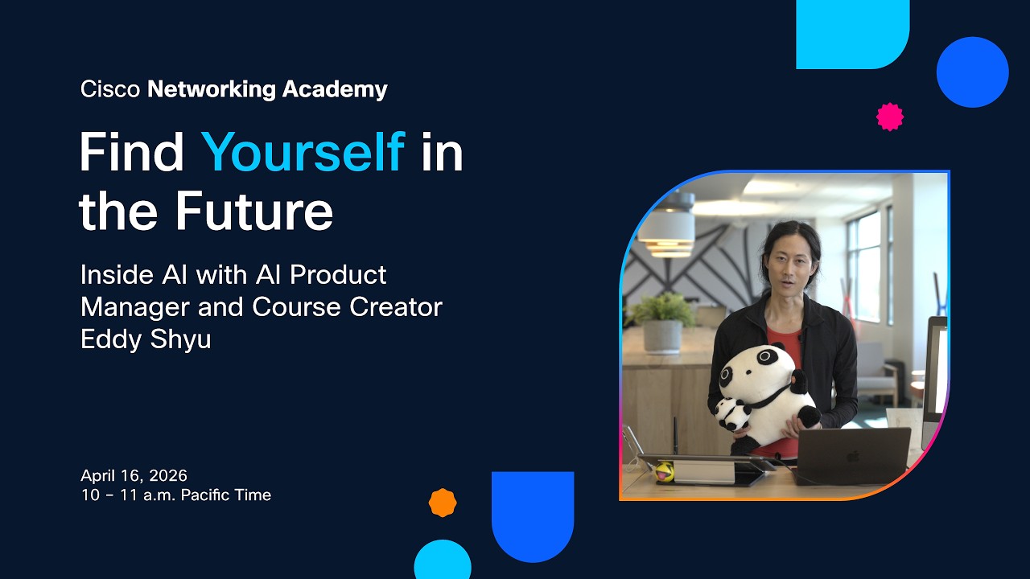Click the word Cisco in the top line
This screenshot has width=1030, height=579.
[x=111, y=89]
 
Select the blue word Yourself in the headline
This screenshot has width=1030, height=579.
[x=303, y=152]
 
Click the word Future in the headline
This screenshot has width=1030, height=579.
[x=254, y=211]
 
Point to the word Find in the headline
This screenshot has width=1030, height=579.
[x=132, y=152]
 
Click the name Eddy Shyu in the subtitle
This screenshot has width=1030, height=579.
[x=146, y=339]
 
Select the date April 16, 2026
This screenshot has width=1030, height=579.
[x=134, y=475]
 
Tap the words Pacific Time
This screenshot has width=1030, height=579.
[x=226, y=495]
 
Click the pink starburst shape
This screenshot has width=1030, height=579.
[x=889, y=117]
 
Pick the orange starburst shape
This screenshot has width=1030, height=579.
[x=443, y=503]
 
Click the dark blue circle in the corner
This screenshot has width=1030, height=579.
[x=972, y=72]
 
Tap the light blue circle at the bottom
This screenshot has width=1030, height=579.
[x=443, y=561]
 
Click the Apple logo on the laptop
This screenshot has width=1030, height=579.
[x=852, y=457]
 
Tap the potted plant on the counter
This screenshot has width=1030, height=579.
[x=662, y=322]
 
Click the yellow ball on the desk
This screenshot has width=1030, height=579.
[x=664, y=471]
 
